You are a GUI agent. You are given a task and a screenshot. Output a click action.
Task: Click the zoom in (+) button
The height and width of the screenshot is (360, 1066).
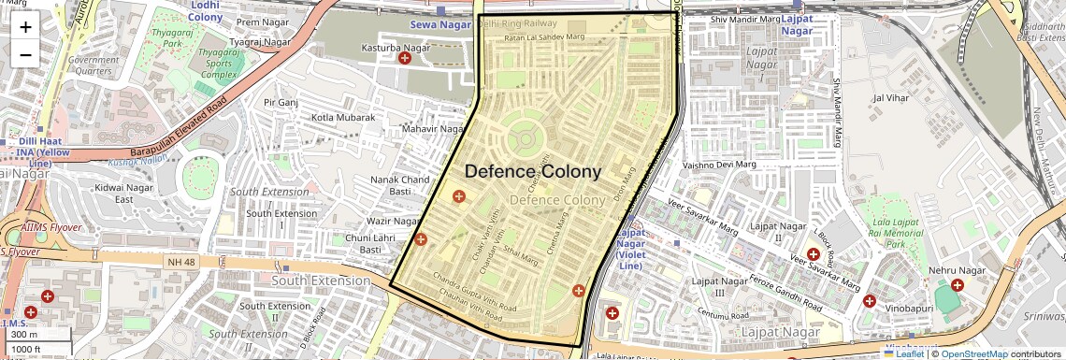pos(25,27)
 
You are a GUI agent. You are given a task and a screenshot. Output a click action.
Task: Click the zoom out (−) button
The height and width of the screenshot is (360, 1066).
pos(25,55)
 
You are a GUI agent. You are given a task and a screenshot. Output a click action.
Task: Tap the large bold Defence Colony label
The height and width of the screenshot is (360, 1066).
pos(533,172)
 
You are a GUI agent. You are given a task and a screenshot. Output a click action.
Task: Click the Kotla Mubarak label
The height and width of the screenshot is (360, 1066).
pos(343,118)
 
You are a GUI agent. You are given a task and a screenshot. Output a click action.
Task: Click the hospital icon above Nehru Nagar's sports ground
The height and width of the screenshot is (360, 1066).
pos(957,285)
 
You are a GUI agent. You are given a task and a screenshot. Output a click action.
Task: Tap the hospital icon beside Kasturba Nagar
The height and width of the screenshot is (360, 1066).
pos(405,58)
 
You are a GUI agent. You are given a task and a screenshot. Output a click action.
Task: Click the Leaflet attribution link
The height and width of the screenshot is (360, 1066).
pos(904,353)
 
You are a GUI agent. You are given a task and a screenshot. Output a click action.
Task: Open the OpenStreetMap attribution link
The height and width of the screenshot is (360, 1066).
pos(974,353)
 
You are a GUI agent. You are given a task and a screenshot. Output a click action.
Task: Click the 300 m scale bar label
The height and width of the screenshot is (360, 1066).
pos(24,334)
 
